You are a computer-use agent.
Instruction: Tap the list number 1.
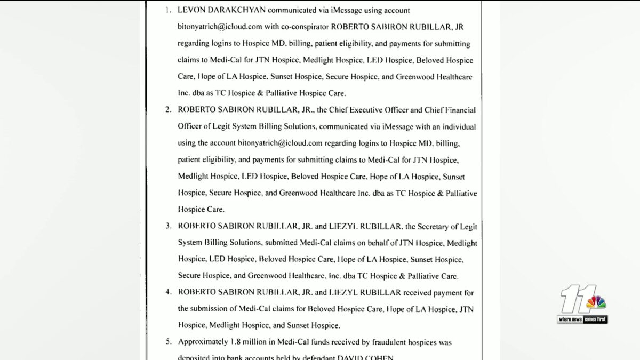pyautogui.click(x=167, y=10)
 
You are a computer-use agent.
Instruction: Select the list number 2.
pyautogui.click(x=167, y=110)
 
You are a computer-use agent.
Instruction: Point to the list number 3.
pyautogui.click(x=167, y=226)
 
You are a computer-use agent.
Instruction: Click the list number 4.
pyautogui.click(x=167, y=292)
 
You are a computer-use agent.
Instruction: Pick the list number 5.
pyautogui.click(x=167, y=342)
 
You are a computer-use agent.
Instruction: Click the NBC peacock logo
pyautogui.click(x=596, y=302)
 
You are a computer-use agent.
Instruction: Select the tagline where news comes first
pyautogui.click(x=582, y=319)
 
